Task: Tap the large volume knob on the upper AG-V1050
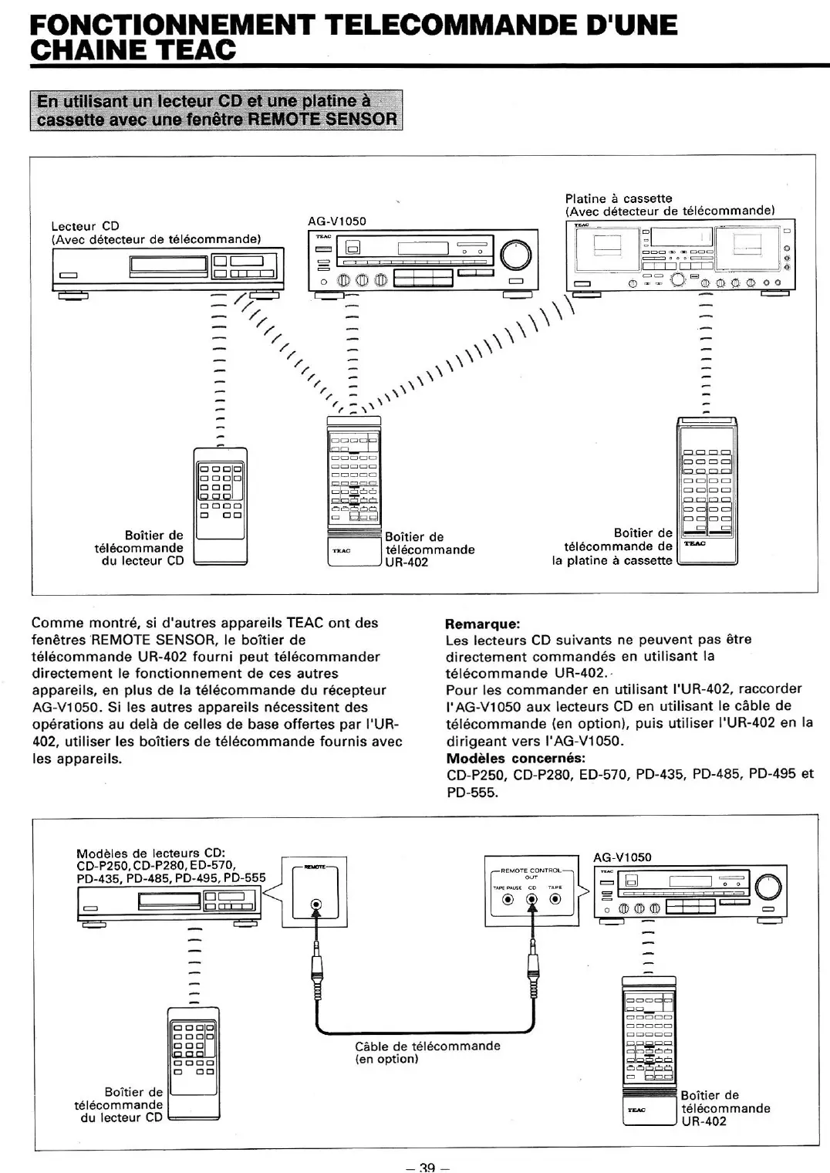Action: tap(516, 254)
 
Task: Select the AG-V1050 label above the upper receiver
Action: tap(337, 221)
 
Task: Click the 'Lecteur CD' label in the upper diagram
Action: tap(85, 226)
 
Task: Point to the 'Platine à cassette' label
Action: tap(619, 198)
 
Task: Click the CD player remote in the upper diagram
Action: tap(221, 505)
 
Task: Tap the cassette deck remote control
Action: tap(707, 491)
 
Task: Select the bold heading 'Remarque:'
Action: tap(483, 624)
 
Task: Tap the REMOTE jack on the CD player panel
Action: tap(315, 904)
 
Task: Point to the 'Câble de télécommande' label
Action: tap(427, 1046)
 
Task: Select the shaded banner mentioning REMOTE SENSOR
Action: tap(217, 110)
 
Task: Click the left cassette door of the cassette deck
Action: tap(612, 245)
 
